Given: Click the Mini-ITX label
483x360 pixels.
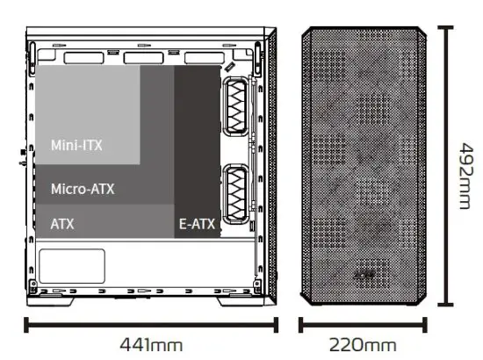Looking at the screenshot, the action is [76, 146].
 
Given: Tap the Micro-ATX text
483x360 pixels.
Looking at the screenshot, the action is [83, 189].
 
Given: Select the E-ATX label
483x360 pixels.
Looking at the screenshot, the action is [197, 224].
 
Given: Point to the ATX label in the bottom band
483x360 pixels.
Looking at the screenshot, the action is [62, 224].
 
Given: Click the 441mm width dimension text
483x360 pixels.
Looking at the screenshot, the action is [151, 345].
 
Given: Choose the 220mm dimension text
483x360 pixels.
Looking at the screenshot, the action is [363, 345].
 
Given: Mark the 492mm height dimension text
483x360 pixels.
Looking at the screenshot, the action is [465, 176].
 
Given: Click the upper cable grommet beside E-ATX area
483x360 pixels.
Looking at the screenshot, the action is [236, 106].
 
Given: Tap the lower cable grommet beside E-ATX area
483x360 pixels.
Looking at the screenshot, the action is [236, 194].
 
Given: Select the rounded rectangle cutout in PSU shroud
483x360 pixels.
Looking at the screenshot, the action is [72, 266].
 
